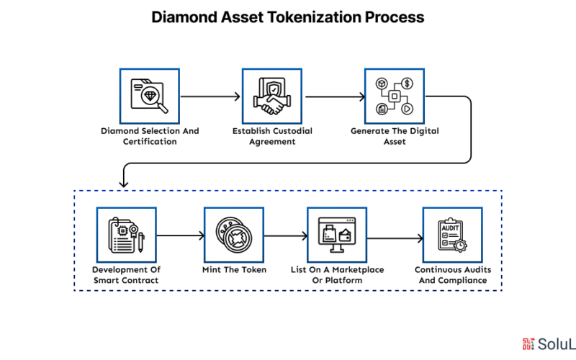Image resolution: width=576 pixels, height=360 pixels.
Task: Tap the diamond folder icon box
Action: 150,96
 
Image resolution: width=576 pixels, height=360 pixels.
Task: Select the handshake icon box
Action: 272,96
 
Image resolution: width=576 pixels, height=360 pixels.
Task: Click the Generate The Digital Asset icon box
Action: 395,96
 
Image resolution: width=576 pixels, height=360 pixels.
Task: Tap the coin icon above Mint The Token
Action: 234,235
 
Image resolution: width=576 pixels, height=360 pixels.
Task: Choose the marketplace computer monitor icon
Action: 337,235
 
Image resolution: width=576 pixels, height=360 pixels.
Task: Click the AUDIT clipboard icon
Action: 452,235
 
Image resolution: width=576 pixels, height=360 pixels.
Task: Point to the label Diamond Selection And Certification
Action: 150,136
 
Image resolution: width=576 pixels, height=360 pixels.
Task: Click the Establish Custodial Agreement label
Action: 272,136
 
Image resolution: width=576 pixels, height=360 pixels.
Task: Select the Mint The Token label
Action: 235,269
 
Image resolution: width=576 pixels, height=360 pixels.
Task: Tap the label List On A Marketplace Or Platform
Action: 337,275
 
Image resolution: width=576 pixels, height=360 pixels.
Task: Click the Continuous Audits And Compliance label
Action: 453,275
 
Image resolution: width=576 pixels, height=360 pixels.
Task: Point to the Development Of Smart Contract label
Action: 126,275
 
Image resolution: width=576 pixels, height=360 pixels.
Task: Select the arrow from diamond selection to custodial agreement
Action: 210,96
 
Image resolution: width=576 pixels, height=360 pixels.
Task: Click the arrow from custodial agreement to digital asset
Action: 335,96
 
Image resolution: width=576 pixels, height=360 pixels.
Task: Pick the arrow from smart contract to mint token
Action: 181,235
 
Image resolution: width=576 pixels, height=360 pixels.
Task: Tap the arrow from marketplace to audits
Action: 395,238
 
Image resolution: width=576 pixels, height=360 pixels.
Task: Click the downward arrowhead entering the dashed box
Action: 124,184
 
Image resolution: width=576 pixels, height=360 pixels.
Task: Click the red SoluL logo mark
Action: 528,344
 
